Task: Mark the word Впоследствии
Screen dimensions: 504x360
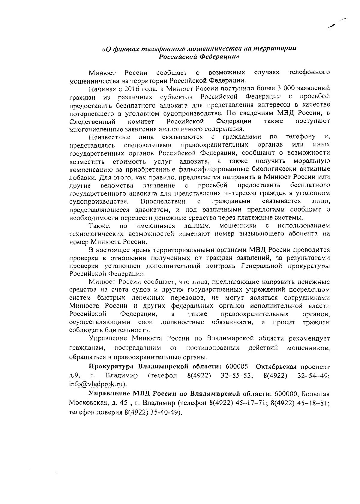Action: coord(163,201)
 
